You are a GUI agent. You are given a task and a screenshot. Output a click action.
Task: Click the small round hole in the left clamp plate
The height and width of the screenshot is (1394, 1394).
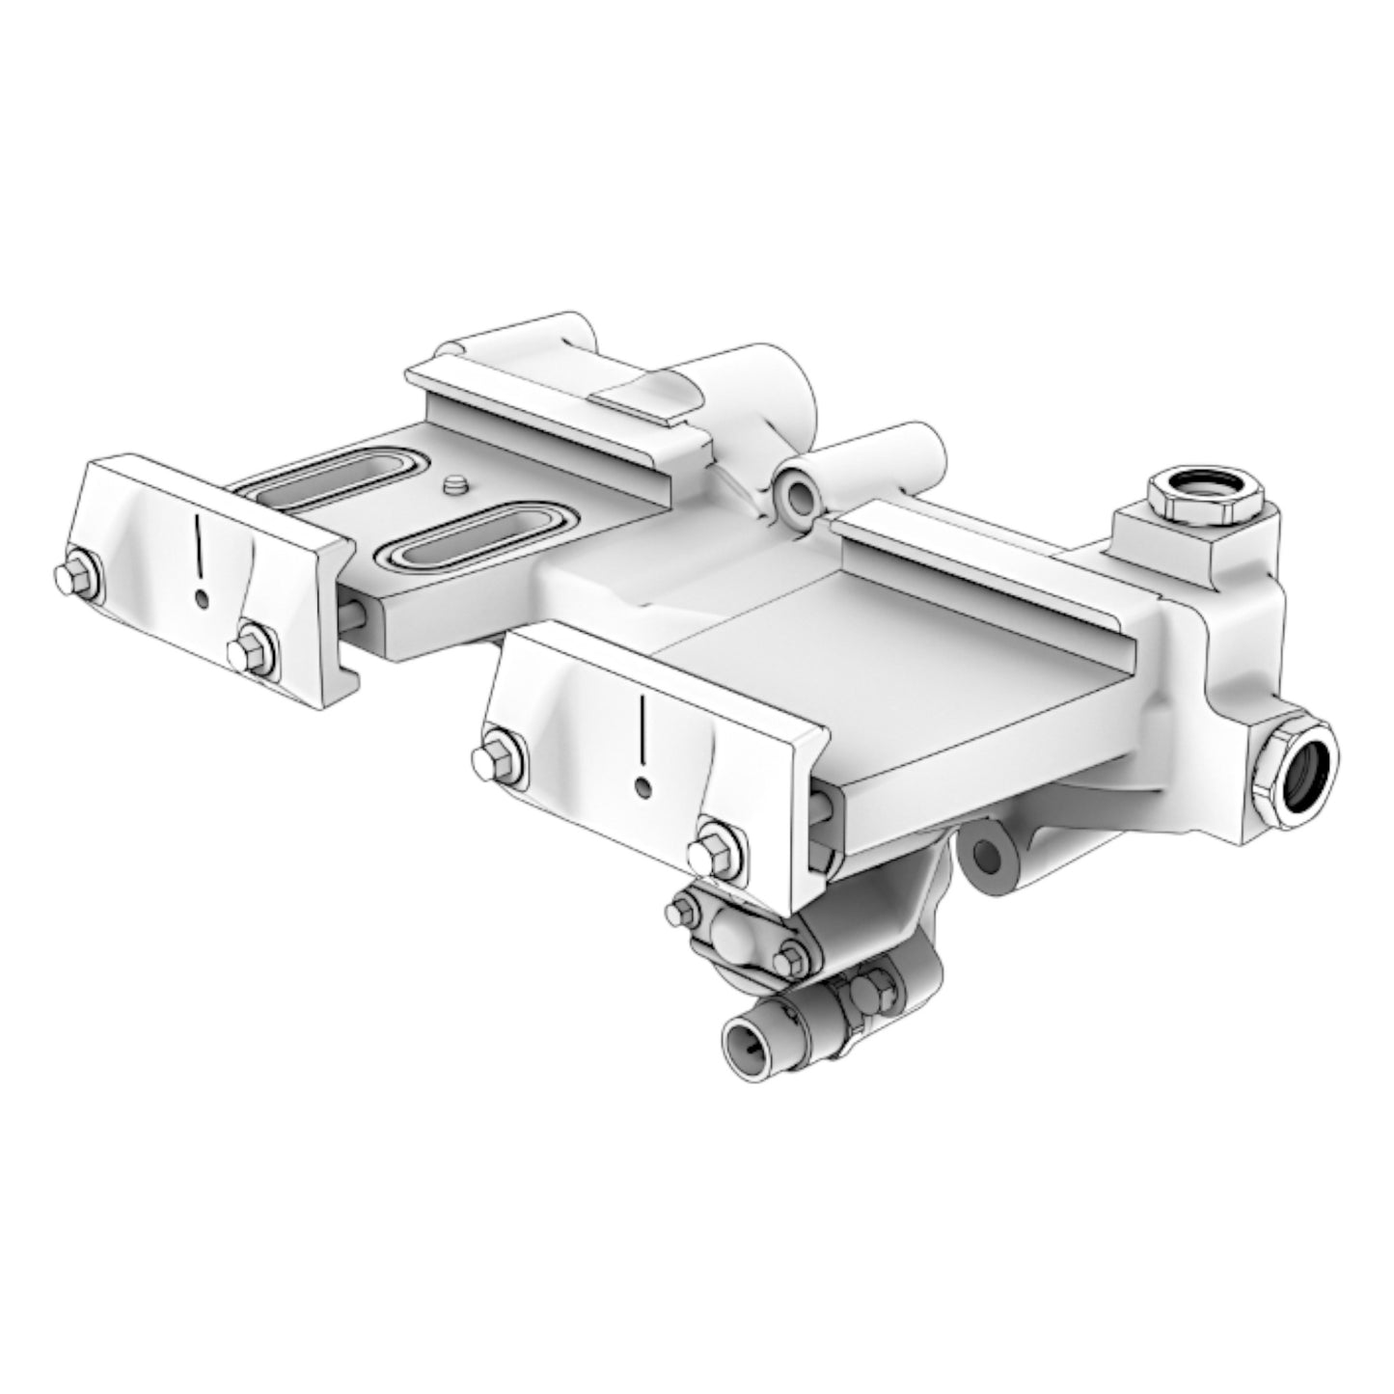point(201,600)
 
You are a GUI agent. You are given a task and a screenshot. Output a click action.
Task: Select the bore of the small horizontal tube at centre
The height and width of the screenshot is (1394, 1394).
point(800,497)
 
